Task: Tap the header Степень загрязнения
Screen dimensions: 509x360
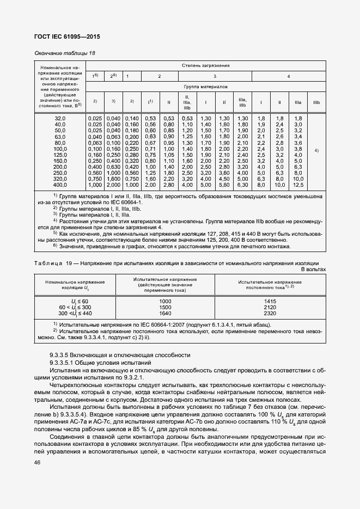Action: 205,65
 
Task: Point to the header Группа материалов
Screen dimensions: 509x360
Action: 205,87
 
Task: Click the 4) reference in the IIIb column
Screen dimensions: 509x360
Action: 316,149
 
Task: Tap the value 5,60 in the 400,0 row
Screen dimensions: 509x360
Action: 224,185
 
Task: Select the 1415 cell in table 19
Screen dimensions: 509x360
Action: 270,301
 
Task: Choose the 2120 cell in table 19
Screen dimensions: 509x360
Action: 270,307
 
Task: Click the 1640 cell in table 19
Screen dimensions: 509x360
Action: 165,314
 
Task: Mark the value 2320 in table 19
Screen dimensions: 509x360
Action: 270,314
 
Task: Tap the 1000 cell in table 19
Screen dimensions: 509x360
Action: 165,301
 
